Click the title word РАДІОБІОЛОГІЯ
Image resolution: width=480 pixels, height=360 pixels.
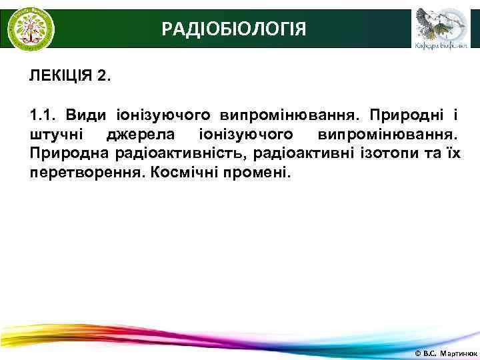pos(234,29)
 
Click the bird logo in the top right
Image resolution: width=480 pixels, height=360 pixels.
pos(437,23)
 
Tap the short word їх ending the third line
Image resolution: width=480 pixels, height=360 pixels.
pos(453,154)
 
